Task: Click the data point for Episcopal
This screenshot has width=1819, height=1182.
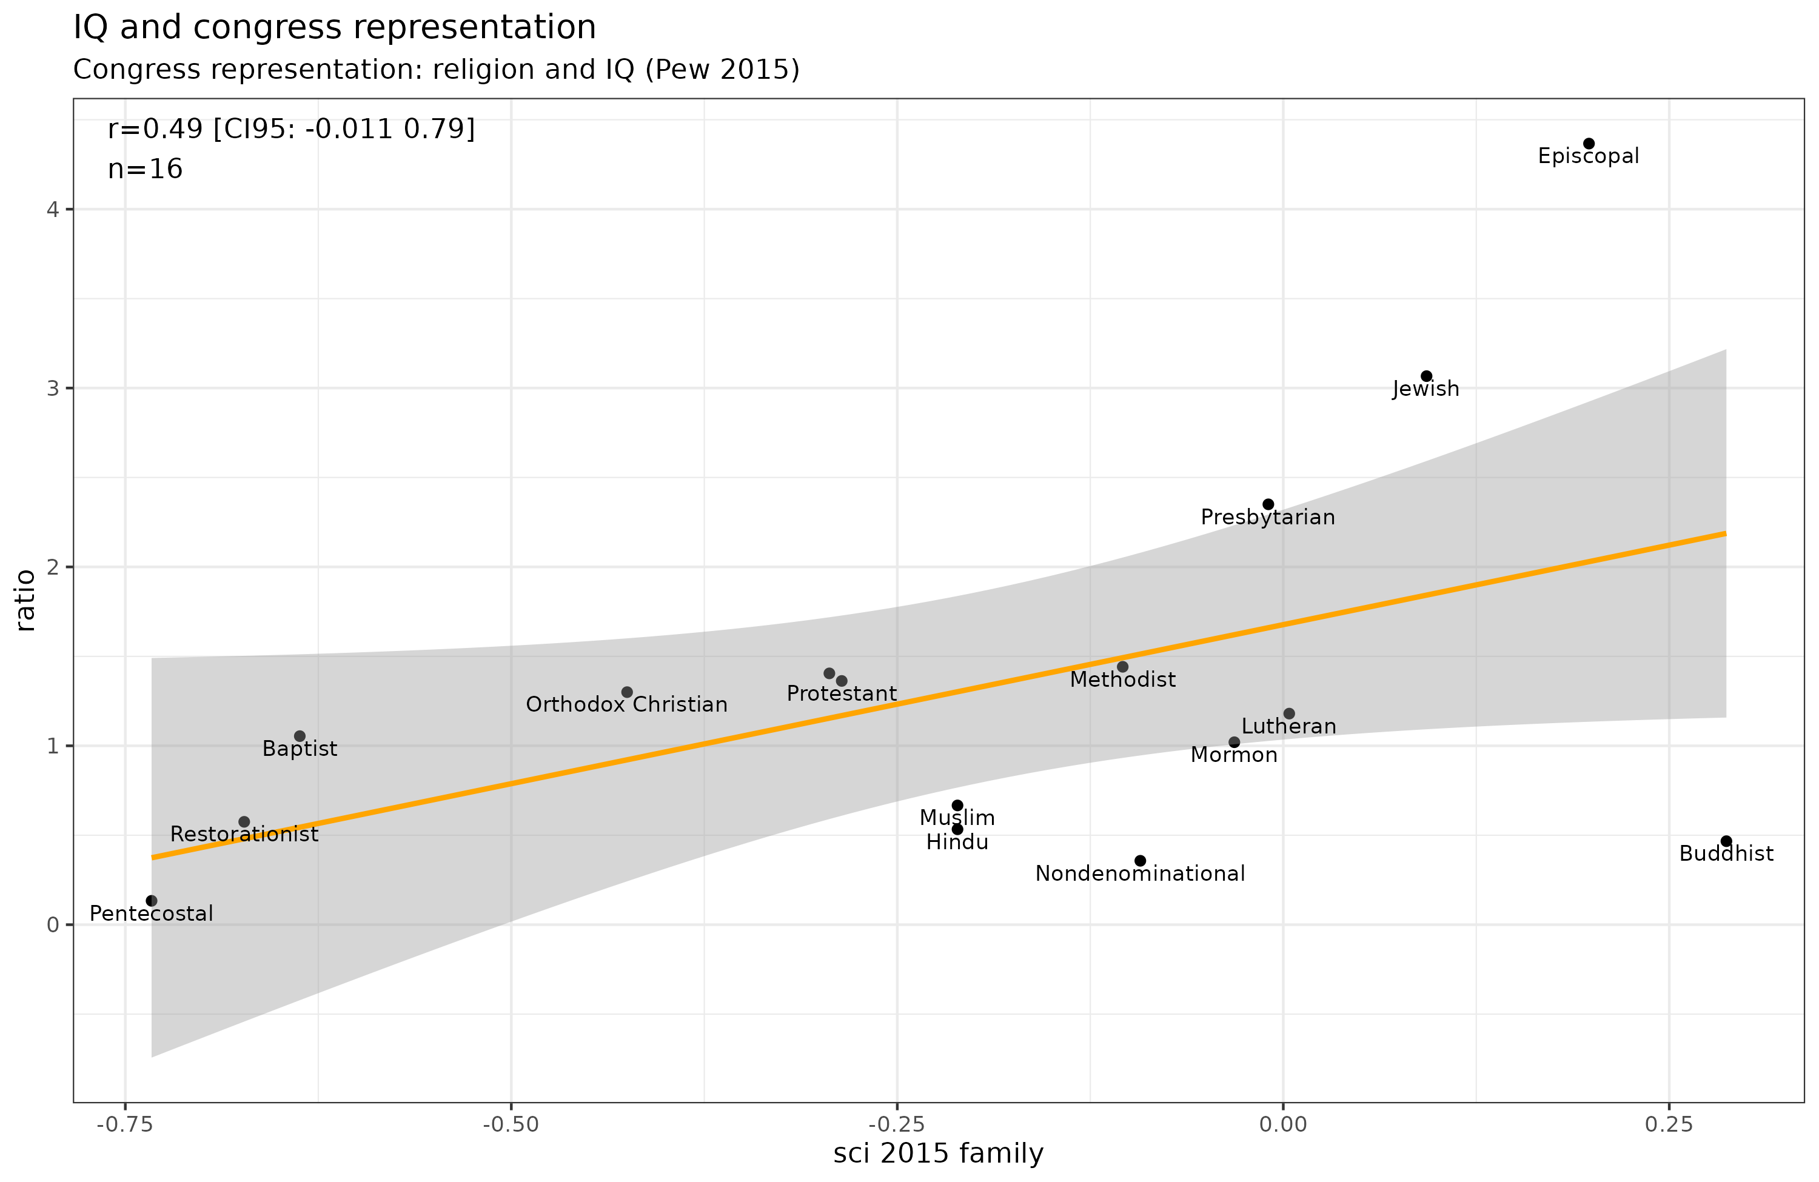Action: click(1589, 144)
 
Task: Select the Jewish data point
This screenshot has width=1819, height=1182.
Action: click(1426, 376)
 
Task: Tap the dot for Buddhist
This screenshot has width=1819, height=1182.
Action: click(1726, 841)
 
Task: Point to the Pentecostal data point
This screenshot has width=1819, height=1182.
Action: click(152, 901)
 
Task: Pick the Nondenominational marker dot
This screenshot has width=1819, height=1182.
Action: click(1141, 860)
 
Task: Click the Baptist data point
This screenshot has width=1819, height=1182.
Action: click(300, 736)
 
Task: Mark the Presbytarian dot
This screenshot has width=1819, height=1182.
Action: click(1268, 504)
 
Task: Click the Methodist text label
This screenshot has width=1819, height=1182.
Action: click(1122, 679)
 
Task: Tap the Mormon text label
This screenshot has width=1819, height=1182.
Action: click(1233, 755)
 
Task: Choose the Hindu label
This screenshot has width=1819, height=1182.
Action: click(957, 842)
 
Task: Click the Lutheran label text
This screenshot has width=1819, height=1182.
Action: click(1288, 726)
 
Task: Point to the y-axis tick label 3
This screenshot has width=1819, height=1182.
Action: click(53, 388)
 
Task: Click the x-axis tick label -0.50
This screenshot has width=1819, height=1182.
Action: click(511, 1124)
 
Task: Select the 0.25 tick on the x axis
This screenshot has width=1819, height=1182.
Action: click(1669, 1124)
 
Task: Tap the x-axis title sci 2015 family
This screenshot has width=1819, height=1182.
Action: click(938, 1153)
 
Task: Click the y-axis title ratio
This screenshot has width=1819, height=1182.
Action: click(25, 601)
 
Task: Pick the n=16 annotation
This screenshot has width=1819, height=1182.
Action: click(145, 169)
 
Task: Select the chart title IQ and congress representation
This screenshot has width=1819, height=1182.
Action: click(334, 27)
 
